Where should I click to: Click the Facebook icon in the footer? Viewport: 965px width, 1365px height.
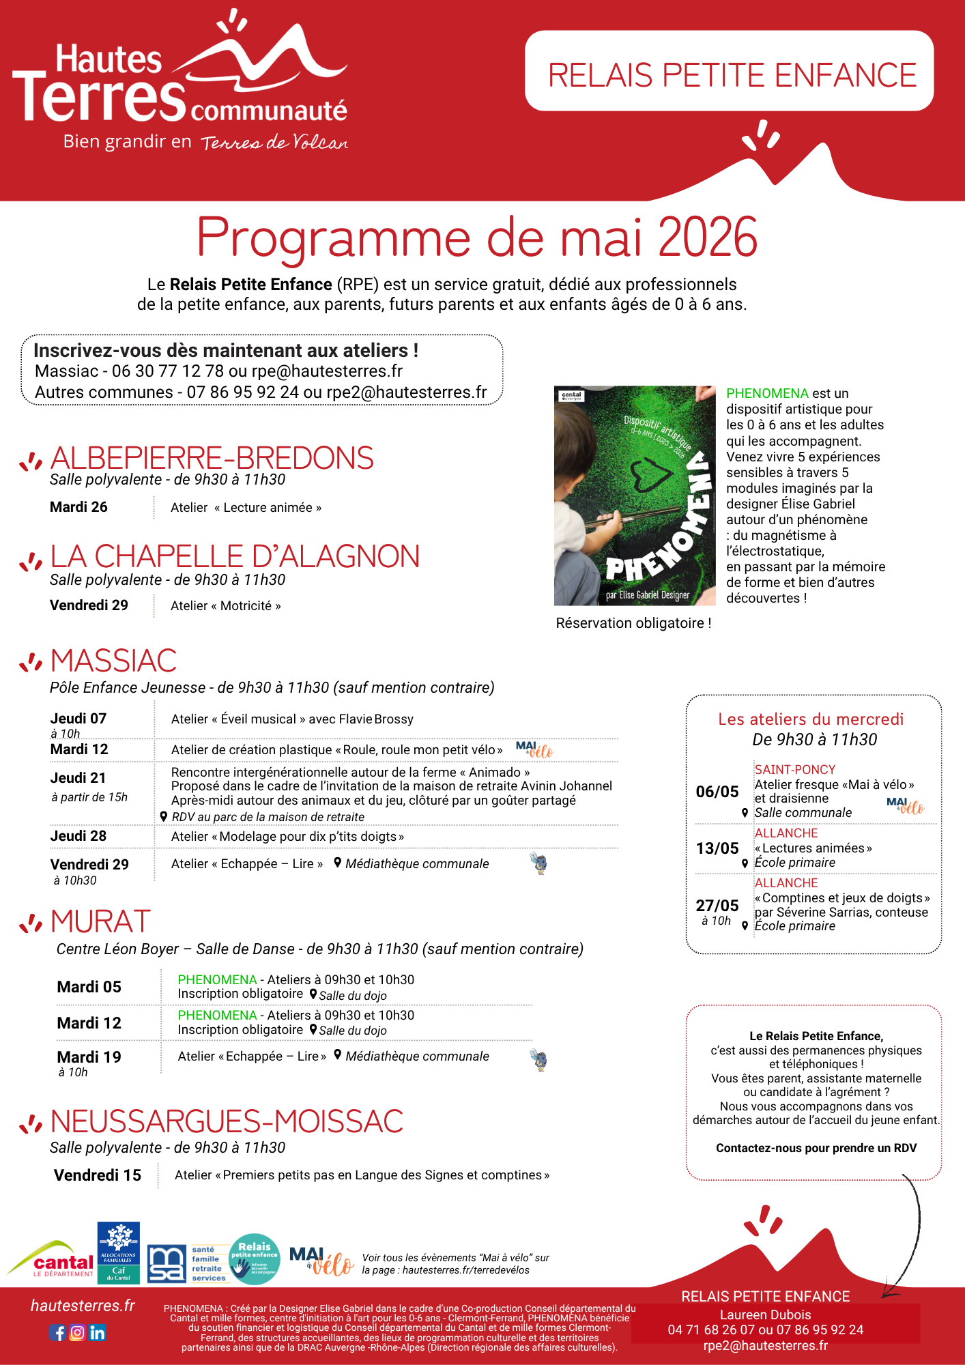[57, 1332]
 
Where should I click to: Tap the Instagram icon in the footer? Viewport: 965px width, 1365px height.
[77, 1332]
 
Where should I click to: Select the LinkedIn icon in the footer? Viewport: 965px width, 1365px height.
[98, 1332]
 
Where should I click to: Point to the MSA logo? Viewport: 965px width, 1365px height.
[167, 1263]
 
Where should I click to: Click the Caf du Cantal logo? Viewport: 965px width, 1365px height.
[119, 1252]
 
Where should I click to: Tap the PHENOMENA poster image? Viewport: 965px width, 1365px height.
[635, 495]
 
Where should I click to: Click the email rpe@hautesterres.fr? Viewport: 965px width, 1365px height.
[327, 371]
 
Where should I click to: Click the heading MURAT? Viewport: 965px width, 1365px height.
[100, 921]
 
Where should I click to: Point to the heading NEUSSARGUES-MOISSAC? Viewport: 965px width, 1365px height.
[227, 1121]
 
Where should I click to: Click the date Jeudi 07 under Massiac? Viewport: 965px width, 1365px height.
[78, 718]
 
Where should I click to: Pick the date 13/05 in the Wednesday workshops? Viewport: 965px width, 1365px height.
[717, 848]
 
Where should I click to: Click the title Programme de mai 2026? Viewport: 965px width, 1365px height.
[477, 238]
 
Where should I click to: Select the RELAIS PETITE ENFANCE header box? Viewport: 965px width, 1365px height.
[729, 71]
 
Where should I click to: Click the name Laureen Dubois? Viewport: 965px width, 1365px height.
[765, 1314]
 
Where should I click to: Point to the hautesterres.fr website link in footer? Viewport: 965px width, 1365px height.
[83, 1306]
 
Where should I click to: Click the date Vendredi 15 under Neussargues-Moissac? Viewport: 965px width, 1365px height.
[98, 1175]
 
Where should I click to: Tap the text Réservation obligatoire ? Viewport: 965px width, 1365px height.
[633, 623]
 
